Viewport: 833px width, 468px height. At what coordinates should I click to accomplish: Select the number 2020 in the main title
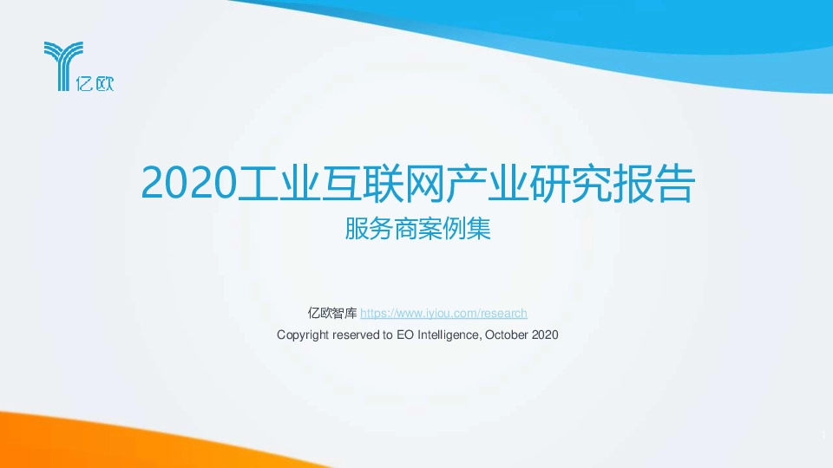(x=188, y=183)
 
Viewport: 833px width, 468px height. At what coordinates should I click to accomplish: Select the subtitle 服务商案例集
(x=417, y=230)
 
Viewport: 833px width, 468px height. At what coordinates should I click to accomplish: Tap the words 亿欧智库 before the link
(x=332, y=313)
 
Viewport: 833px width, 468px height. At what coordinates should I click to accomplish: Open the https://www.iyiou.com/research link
(x=443, y=313)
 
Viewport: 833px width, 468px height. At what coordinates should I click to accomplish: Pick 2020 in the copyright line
(x=544, y=334)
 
